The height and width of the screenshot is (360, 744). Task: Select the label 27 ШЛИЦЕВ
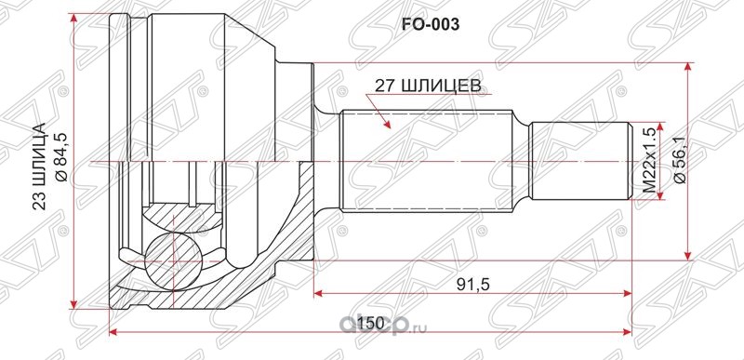click(x=427, y=85)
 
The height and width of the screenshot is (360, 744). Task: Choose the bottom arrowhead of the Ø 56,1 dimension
click(x=688, y=256)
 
